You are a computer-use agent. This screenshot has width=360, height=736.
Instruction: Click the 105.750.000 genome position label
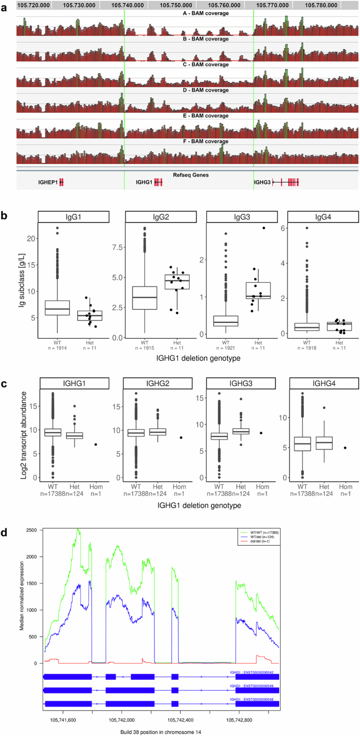[172, 5]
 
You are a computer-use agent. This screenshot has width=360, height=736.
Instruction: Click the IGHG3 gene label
[262, 182]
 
